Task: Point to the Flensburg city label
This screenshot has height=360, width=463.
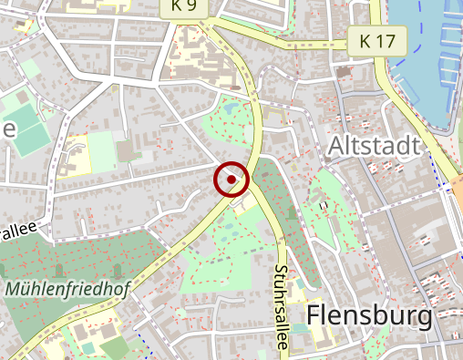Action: [x=369, y=316]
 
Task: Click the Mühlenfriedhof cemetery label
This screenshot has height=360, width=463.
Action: [x=67, y=290]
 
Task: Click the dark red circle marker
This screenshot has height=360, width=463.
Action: [x=231, y=180]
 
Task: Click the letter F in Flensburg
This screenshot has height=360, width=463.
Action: [x=315, y=316]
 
